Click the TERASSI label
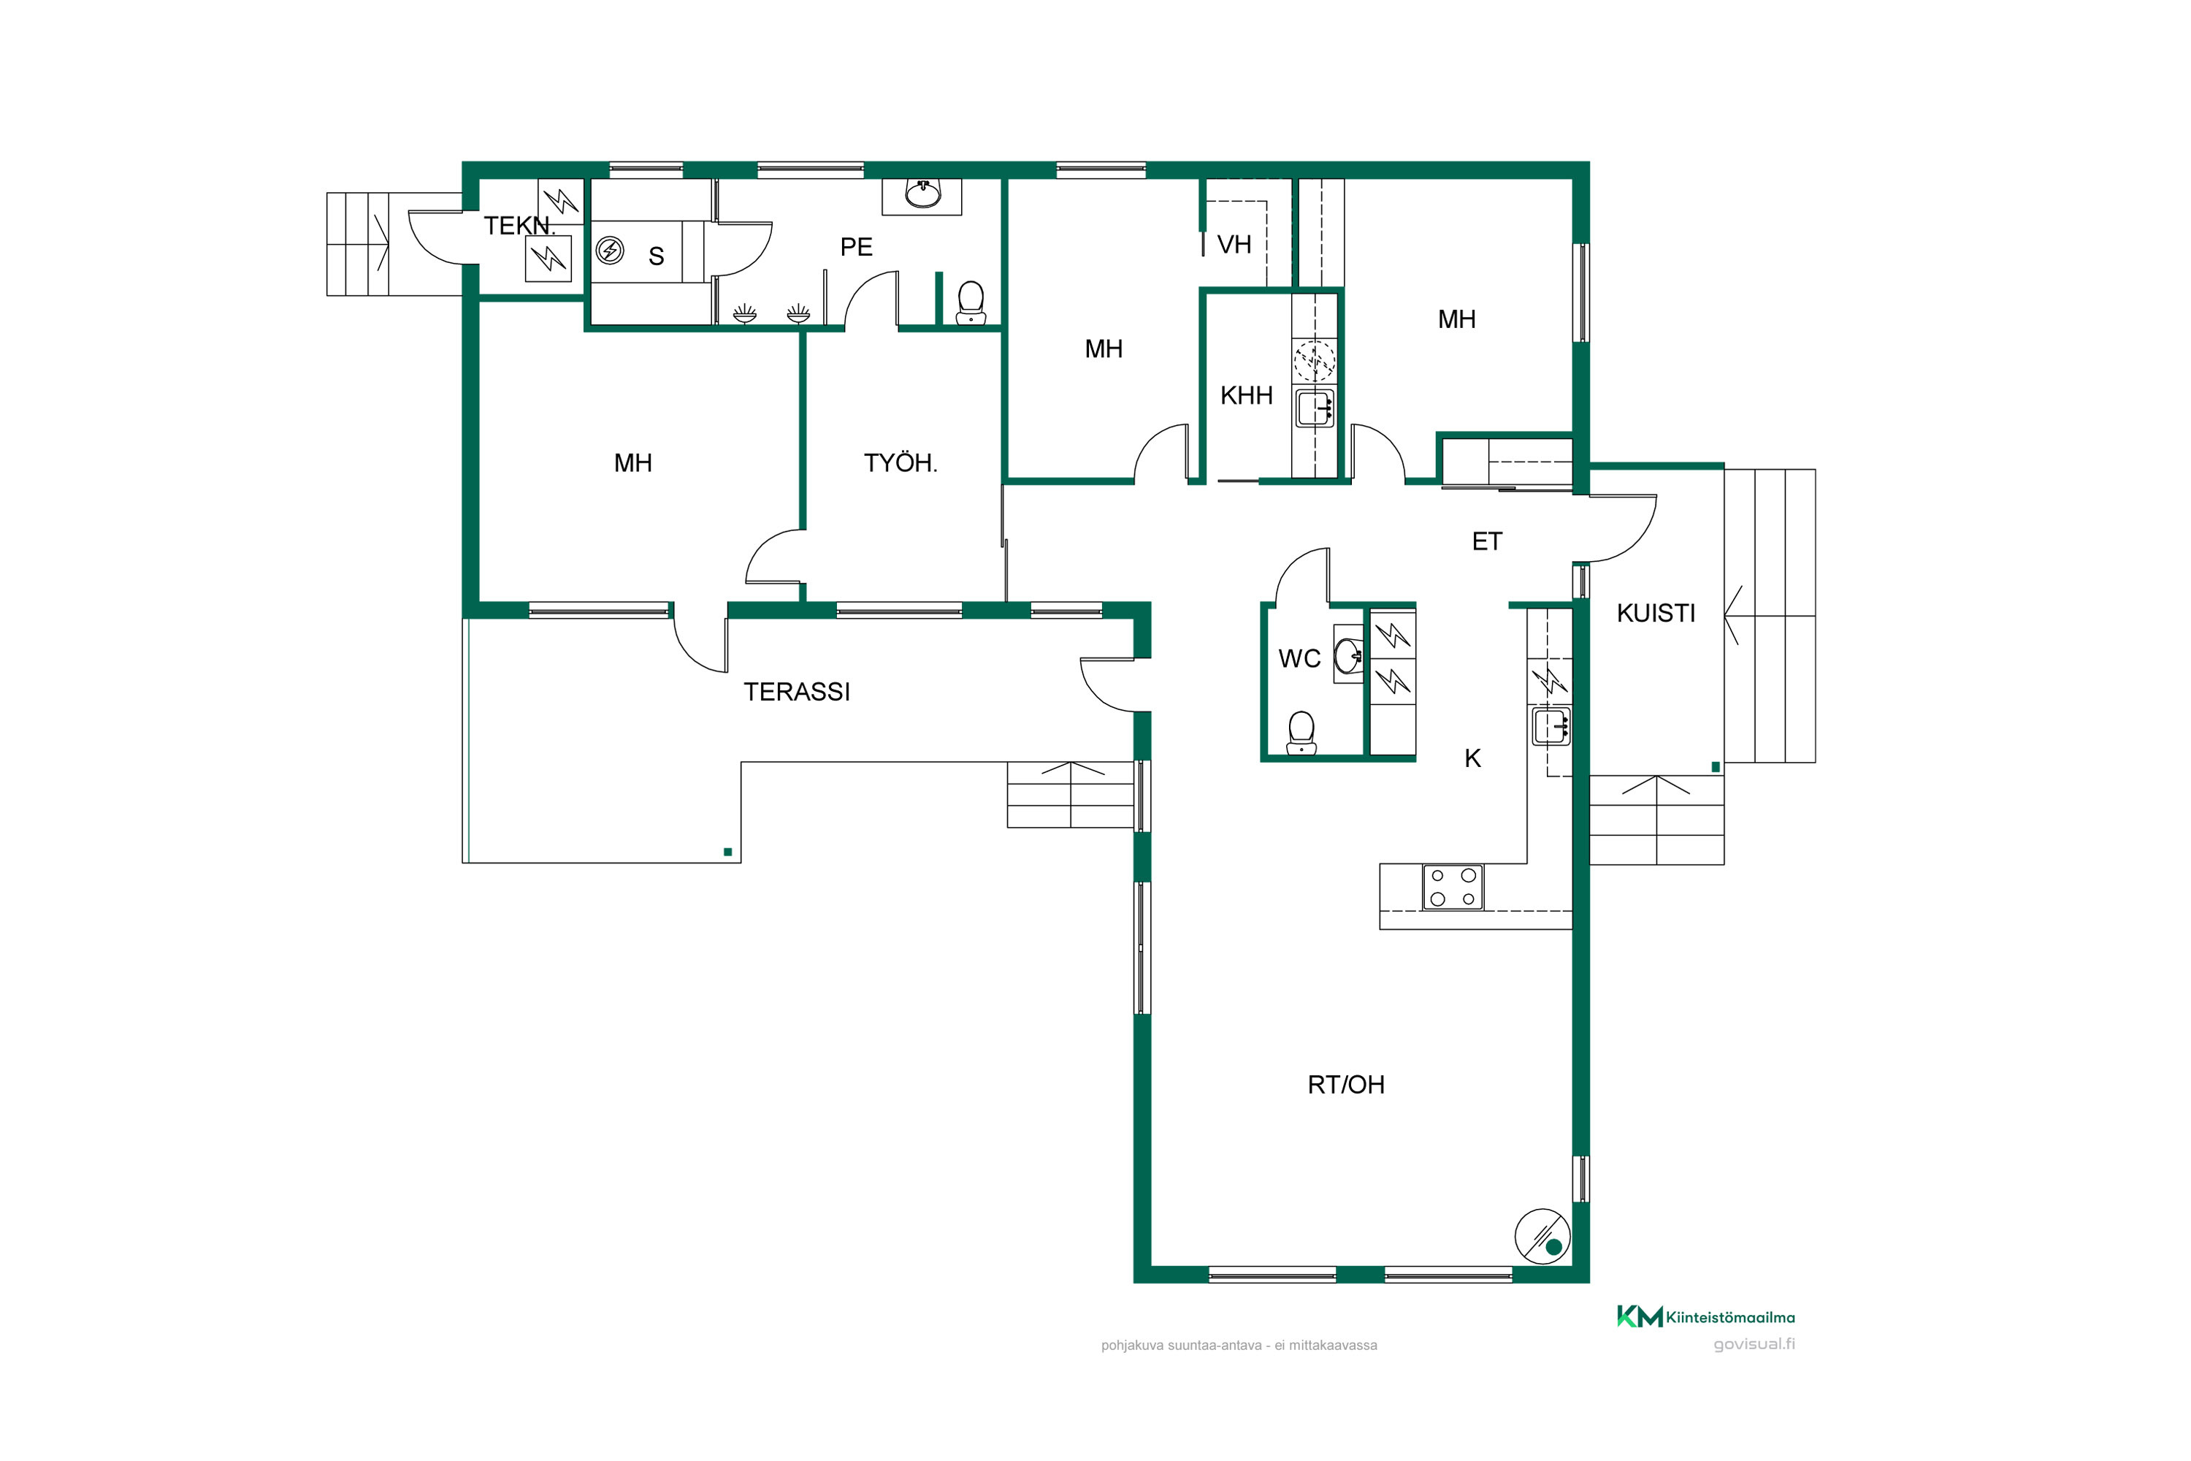(x=797, y=693)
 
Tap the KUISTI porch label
(x=1656, y=613)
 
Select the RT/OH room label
(x=1346, y=1085)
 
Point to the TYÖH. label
(x=900, y=463)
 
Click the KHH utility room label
(x=1247, y=396)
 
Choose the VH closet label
(x=1234, y=245)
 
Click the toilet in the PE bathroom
(x=971, y=303)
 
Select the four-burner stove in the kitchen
(x=1453, y=887)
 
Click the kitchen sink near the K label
(x=1551, y=727)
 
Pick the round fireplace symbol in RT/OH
(x=1542, y=1237)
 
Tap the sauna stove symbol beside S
(x=610, y=250)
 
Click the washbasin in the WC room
(x=1348, y=655)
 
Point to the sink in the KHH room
(x=1315, y=408)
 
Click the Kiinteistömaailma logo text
(x=1730, y=1318)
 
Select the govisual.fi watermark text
(x=1754, y=1343)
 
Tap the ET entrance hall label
(x=1487, y=541)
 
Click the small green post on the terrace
(x=727, y=852)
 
